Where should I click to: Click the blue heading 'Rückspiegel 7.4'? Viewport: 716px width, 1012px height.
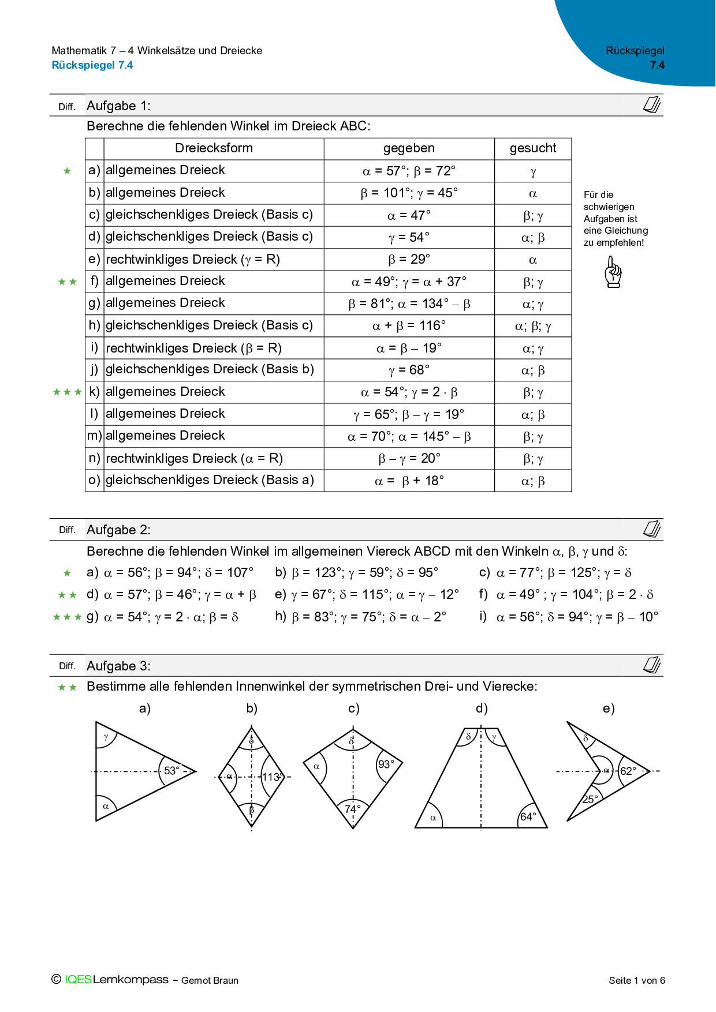point(92,65)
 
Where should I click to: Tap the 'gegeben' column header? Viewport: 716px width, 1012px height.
point(409,148)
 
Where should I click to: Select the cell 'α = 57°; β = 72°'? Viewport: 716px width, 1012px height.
point(409,171)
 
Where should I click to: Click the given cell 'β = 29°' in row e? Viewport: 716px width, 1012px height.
point(409,259)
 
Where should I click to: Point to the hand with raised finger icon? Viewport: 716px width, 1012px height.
point(613,272)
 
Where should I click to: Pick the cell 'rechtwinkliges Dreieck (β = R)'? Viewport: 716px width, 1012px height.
point(193,348)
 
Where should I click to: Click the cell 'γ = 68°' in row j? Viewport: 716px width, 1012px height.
point(409,370)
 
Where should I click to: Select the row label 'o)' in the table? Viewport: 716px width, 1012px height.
point(94,480)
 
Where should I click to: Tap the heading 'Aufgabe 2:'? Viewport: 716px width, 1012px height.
point(118,530)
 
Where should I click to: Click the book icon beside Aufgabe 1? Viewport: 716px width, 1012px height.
point(652,105)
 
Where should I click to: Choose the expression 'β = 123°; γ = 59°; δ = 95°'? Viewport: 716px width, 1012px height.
point(365,572)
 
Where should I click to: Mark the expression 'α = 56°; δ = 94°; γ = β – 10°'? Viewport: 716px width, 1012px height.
point(577,617)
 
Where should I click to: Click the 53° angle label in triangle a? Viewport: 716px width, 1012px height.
point(172,770)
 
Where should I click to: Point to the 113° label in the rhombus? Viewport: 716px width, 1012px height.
point(272,777)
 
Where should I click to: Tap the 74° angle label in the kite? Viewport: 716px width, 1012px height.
point(352,809)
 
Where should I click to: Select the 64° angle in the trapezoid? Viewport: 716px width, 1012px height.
point(528,816)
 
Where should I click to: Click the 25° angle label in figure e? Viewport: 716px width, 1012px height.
point(590,799)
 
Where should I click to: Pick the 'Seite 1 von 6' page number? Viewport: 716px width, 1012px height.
point(636,980)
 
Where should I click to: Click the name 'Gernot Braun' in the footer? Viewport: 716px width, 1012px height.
point(210,980)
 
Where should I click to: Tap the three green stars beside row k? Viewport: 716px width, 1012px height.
point(67,392)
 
